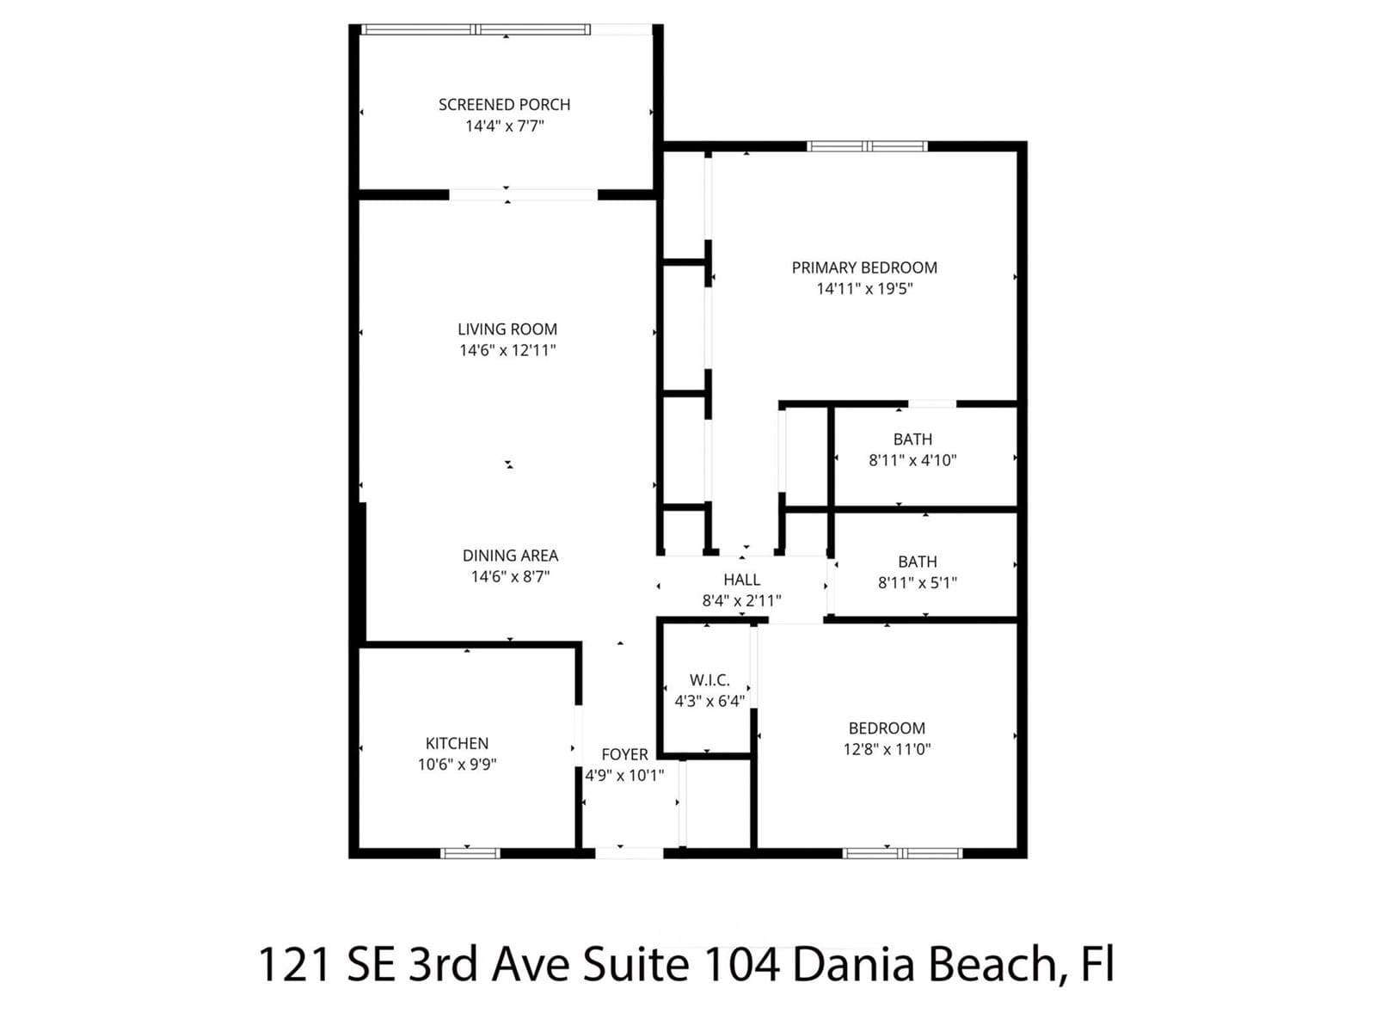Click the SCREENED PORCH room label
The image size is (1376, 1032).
[504, 105]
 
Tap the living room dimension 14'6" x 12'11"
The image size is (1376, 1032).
[507, 350]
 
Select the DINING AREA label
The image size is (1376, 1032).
[510, 556]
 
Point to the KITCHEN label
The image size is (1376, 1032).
[457, 743]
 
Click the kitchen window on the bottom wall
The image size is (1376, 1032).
[470, 853]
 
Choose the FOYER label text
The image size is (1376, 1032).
[624, 754]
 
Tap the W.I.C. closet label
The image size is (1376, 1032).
[709, 680]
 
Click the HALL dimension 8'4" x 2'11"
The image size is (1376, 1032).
[741, 601]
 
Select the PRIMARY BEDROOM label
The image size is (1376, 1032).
[864, 267]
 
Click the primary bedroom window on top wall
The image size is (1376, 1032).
[867, 146]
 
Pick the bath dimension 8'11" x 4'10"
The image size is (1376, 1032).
[912, 461]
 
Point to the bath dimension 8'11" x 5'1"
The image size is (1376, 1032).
[917, 583]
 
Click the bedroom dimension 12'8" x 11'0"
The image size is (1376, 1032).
[887, 749]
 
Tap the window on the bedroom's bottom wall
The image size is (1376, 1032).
[903, 853]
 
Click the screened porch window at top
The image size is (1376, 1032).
[476, 29]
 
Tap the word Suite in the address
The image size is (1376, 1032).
[636, 964]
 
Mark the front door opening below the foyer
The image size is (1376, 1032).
[629, 853]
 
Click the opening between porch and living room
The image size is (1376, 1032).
[524, 195]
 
